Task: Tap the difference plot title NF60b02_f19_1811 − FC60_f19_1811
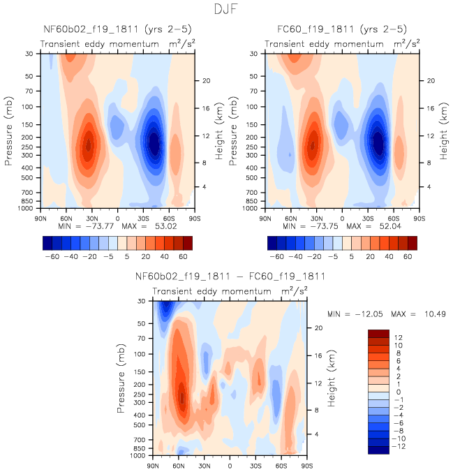click(230, 277)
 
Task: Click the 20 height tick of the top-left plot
click(207, 80)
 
